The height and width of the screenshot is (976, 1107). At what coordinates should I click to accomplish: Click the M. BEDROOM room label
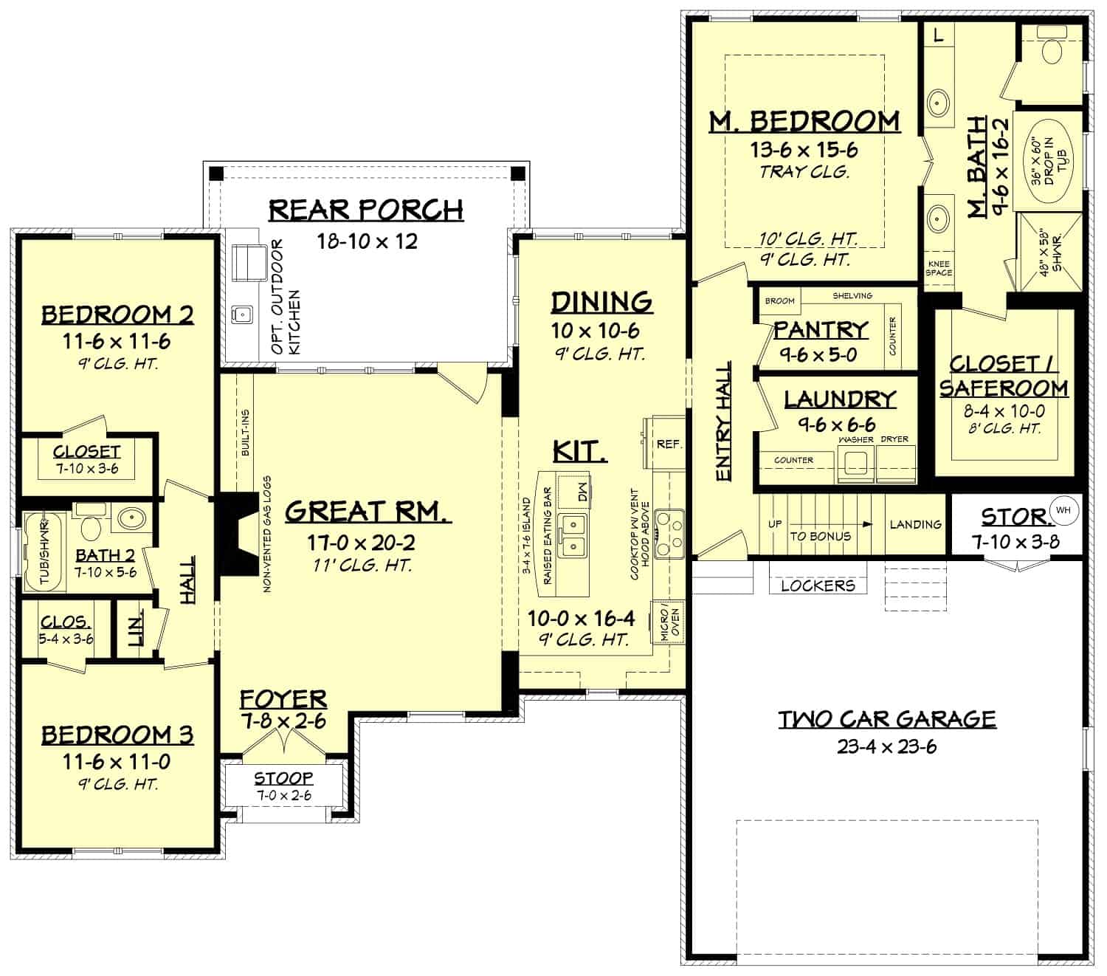804,121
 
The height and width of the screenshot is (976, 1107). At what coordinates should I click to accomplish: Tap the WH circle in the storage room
1063,509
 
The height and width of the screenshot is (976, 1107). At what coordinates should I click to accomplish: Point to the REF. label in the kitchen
669,444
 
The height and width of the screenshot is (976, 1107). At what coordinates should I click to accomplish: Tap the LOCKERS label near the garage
818,585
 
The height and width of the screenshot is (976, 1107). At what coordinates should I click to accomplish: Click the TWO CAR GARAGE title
887,718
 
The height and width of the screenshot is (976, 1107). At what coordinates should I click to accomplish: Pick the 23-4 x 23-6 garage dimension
887,746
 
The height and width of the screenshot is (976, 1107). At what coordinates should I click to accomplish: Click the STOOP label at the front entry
283,778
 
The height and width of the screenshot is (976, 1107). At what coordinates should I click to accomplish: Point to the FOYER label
283,698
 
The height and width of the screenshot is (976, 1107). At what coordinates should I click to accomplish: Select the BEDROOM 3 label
117,735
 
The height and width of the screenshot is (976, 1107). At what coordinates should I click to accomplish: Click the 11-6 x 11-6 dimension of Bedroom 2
117,342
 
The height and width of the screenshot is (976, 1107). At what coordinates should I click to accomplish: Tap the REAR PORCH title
366,210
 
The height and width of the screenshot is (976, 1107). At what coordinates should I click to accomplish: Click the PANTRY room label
821,329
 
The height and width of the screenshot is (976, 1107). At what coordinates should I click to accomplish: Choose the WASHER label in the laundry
856,439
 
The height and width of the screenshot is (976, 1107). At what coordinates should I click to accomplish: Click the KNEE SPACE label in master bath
939,268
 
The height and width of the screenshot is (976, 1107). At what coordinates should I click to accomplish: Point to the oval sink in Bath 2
131,518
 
